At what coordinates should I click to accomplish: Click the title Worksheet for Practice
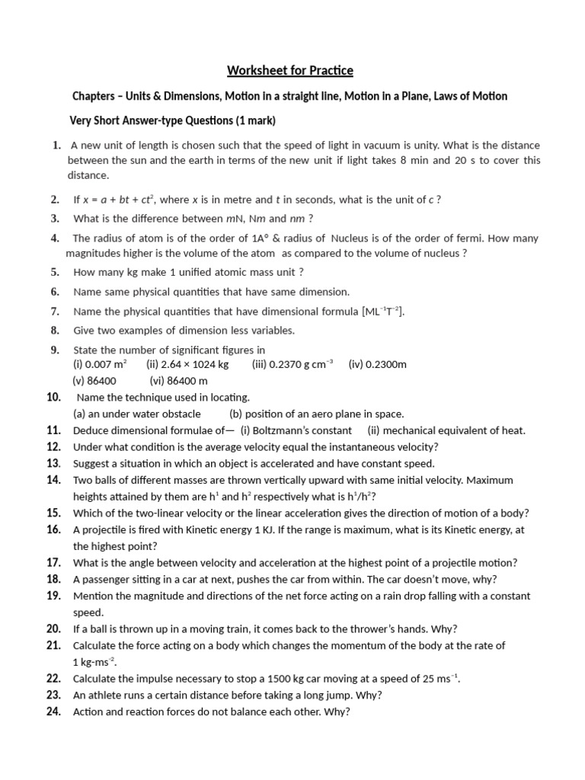click(x=290, y=72)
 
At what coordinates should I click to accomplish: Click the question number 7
click(x=55, y=311)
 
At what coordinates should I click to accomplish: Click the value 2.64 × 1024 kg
click(x=187, y=364)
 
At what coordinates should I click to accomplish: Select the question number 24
click(x=53, y=712)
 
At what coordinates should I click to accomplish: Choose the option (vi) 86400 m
click(x=179, y=380)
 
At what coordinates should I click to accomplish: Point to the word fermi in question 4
click(x=467, y=238)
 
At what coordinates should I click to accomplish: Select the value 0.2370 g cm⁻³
click(x=292, y=364)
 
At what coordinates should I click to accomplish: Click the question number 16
click(x=53, y=529)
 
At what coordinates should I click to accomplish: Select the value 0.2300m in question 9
click(x=378, y=364)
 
